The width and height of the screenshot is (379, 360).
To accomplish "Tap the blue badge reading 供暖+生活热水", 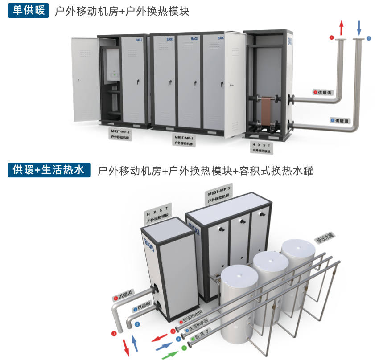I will point(49,170).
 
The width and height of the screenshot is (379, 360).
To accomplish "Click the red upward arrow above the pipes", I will point(342,28).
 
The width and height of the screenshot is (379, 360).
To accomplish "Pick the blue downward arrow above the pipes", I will point(359,28).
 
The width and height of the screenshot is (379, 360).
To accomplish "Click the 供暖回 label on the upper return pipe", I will point(341,120).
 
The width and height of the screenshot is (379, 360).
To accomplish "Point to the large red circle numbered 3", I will point(173,331).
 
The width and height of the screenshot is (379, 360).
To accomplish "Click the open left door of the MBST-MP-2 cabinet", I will point(85,79).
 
